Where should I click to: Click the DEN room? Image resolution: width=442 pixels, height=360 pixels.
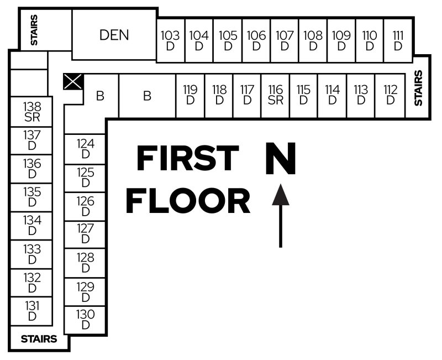pyautogui.click(x=114, y=35)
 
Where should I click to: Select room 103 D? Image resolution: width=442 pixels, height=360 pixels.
pyautogui.click(x=170, y=40)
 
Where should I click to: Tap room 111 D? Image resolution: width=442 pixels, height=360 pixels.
pyautogui.click(x=398, y=40)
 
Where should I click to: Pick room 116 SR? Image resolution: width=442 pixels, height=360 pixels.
pyautogui.click(x=275, y=95)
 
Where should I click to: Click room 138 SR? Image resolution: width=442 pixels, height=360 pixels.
pyautogui.click(x=32, y=112)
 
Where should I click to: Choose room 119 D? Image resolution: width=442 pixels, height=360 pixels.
pyautogui.click(x=191, y=95)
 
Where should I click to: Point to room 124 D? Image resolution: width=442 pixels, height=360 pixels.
pyautogui.click(x=86, y=149)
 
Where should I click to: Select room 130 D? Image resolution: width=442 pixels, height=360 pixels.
pyautogui.click(x=86, y=320)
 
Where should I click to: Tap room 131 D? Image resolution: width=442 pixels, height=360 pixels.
pyautogui.click(x=32, y=311)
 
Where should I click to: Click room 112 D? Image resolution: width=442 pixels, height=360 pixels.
pyautogui.click(x=390, y=95)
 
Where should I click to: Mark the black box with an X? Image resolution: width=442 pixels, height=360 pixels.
pyautogui.click(x=73, y=82)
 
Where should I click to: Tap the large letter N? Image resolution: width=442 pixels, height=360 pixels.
pyautogui.click(x=281, y=159)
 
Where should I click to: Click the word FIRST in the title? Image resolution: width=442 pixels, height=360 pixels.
pyautogui.click(x=187, y=159)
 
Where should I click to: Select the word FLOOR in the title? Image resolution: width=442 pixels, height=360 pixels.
pyautogui.click(x=187, y=201)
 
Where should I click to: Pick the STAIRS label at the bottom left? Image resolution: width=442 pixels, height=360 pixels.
pyautogui.click(x=39, y=339)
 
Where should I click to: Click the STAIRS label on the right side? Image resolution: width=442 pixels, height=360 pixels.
pyautogui.click(x=418, y=88)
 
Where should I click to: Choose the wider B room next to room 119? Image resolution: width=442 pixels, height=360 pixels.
pyautogui.click(x=147, y=96)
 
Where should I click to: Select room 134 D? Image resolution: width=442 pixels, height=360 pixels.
pyautogui.click(x=32, y=225)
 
